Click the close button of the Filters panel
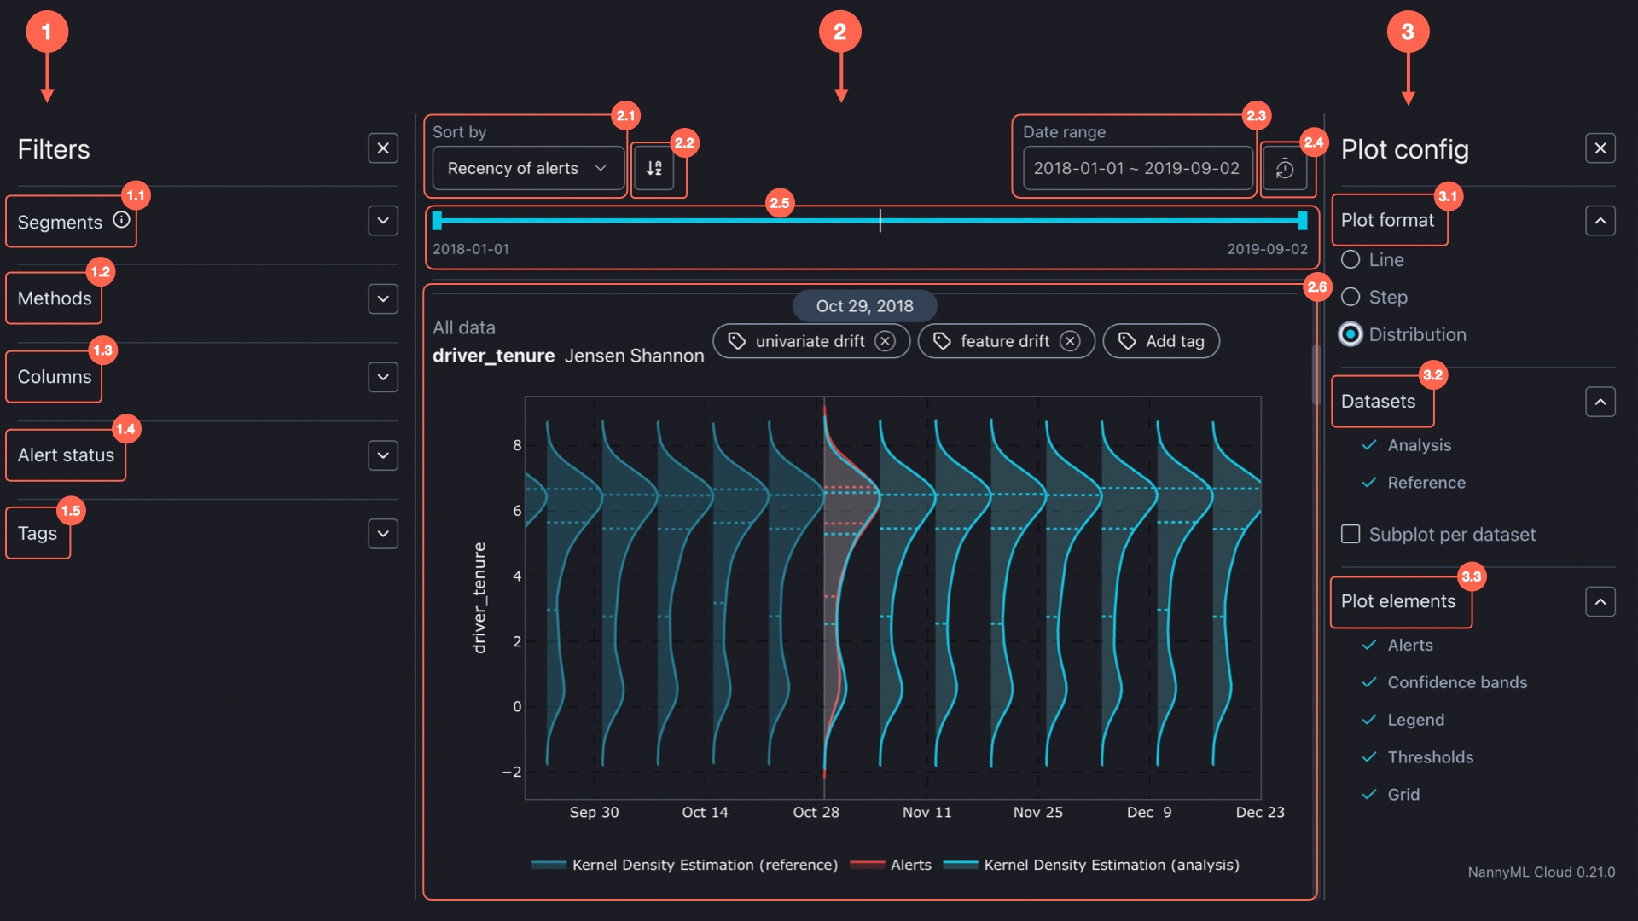pos(383,148)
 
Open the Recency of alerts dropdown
pos(526,168)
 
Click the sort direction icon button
pos(654,168)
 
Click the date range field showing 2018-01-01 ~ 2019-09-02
pos(1136,168)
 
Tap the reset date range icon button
pos(1284,169)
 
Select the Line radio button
pos(1350,259)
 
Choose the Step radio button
pos(1350,297)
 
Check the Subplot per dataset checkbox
pos(1350,534)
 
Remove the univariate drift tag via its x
pos(886,341)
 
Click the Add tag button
pos(1161,341)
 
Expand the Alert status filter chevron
pos(383,455)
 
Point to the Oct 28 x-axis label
pos(816,812)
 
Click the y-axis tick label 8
pos(517,445)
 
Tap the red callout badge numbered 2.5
pos(780,203)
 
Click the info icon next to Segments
pos(122,220)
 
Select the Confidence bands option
pos(1456,682)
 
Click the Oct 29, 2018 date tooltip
pos(864,306)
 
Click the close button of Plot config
pos(1600,148)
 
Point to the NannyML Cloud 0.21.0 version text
pos(1541,872)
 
